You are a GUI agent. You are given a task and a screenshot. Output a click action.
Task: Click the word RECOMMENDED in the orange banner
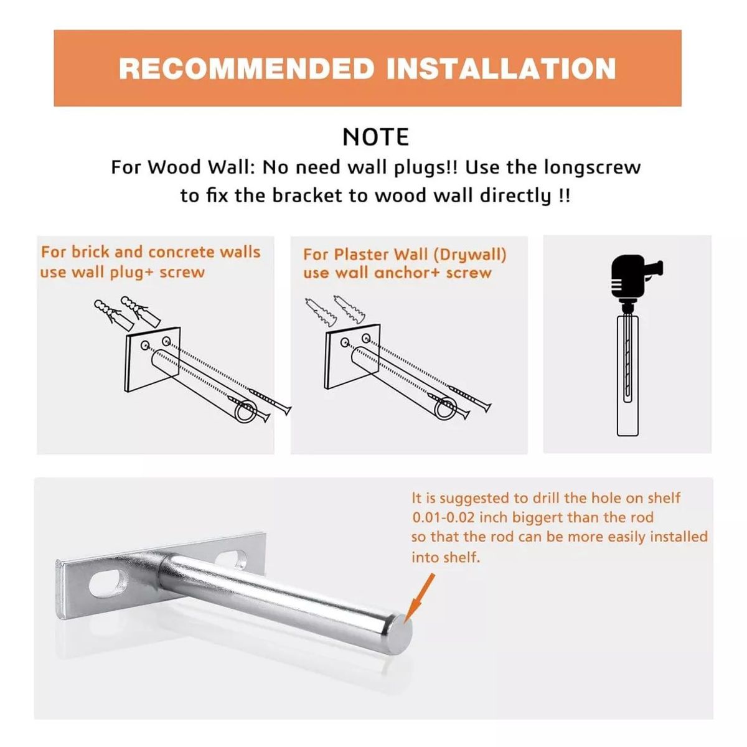click(x=246, y=68)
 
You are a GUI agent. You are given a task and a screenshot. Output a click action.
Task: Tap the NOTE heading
click(x=375, y=137)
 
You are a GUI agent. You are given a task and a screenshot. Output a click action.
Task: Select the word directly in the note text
click(x=515, y=195)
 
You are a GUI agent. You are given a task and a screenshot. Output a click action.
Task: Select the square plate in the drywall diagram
click(x=352, y=356)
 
